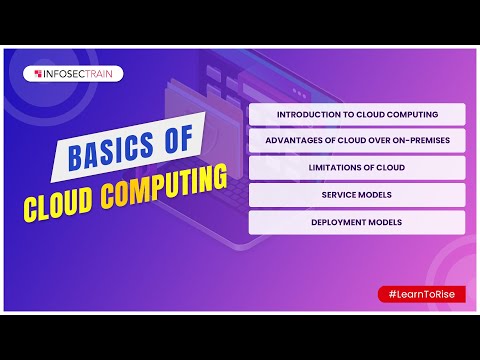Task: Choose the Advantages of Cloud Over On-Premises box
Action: coord(357,141)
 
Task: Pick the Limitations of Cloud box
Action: coord(357,168)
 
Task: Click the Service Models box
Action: coord(357,195)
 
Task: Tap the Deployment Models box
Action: coord(357,222)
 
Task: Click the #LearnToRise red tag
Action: coord(421,294)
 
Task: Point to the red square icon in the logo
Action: coord(36,73)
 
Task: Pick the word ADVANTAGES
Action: coord(296,141)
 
